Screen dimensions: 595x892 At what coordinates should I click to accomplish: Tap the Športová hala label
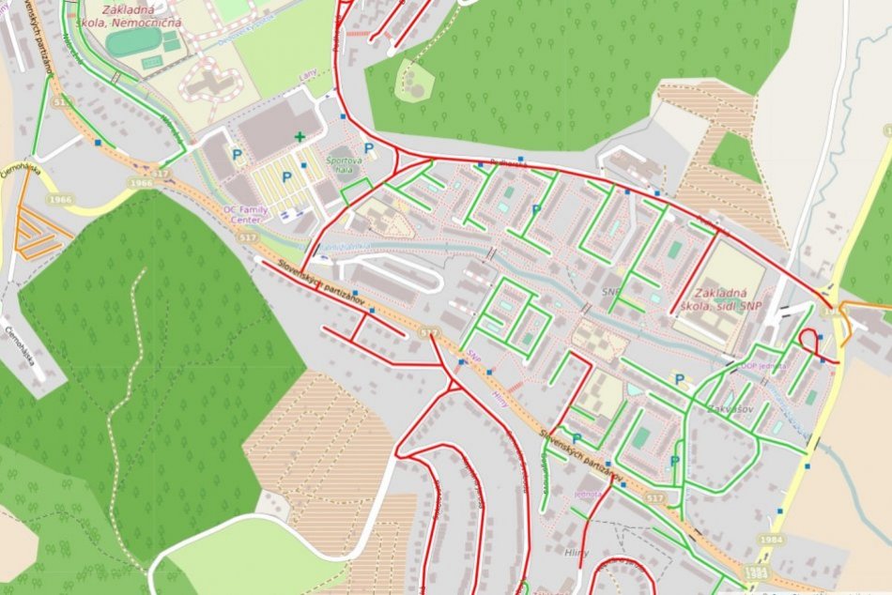343,165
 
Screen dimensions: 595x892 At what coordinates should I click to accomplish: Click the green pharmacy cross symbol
300,137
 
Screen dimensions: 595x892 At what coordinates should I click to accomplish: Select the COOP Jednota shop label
762,366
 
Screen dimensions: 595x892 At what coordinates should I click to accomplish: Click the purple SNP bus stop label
474,358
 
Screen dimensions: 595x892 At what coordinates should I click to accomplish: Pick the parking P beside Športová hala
369,148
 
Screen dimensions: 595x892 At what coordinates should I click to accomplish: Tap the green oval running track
133,41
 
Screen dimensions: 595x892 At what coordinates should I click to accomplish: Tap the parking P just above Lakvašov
679,379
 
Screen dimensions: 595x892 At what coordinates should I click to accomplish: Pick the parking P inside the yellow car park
286,176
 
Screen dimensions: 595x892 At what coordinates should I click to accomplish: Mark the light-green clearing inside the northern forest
411,82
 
